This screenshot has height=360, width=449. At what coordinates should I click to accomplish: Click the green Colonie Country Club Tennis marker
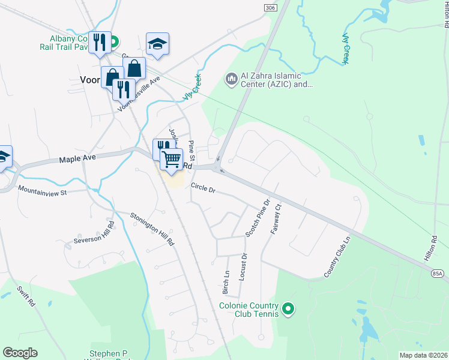click(289, 309)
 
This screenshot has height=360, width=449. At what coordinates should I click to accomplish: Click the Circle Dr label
click(203, 188)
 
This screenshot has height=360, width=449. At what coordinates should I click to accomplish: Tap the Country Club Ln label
click(337, 258)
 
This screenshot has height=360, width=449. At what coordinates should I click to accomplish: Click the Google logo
click(20, 353)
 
